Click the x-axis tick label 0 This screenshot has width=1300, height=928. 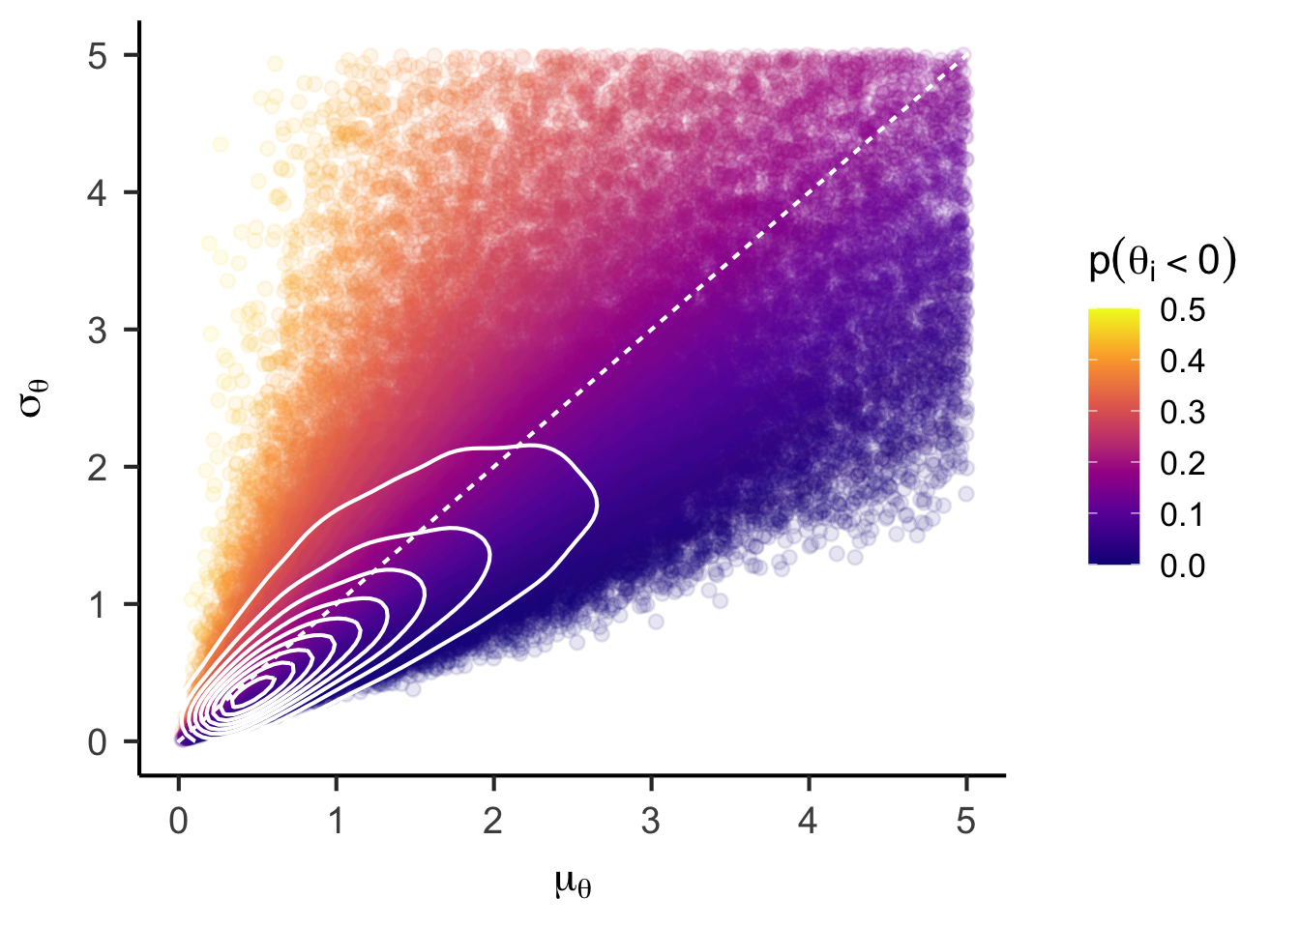178,822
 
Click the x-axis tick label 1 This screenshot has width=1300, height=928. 336,822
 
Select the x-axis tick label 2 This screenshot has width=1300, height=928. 493,822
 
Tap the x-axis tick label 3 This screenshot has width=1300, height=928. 651,822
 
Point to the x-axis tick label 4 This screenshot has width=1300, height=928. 809,822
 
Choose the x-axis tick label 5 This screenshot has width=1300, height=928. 966,822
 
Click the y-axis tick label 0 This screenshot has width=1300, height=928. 98,742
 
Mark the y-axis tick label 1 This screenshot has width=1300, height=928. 98,605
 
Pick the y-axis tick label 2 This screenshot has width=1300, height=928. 98,468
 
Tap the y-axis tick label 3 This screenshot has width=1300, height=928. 98,331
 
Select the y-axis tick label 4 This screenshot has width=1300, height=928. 98,193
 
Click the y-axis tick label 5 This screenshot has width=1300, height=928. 98,56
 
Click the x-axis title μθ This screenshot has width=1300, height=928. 573,882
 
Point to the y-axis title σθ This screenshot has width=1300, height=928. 35,398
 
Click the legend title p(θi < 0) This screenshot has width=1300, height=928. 1162,261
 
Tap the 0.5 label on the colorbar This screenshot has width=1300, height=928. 1182,310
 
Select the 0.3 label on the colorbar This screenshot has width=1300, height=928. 1182,413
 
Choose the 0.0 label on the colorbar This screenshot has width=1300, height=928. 1182,565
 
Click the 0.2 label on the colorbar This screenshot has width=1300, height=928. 1182,464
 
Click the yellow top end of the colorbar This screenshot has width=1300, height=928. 1113,313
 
